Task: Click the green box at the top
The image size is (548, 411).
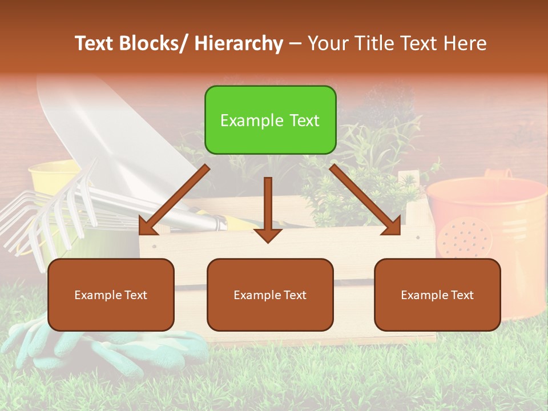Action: pyautogui.click(x=270, y=120)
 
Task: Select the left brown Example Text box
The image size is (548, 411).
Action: pyautogui.click(x=111, y=295)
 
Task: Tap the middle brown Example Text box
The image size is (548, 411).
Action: pyautogui.click(x=270, y=295)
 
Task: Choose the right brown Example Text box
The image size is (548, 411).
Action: pyautogui.click(x=437, y=295)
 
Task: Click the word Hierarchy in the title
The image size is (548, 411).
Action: pyautogui.click(x=239, y=43)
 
